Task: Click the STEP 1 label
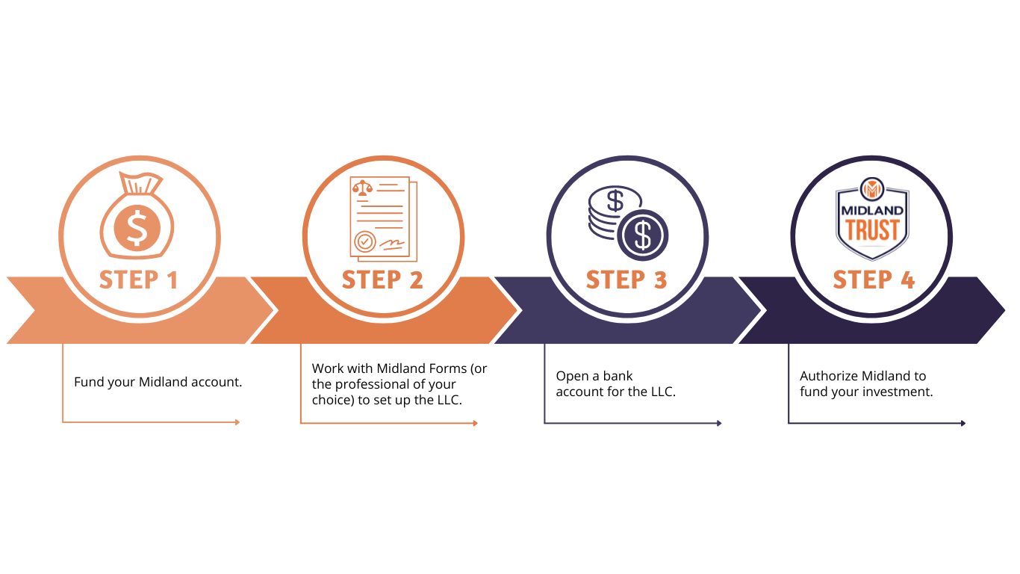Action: click(138, 280)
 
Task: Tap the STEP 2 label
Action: click(382, 280)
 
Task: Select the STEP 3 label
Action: click(626, 280)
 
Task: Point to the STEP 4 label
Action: click(874, 280)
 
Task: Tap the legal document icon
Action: click(383, 219)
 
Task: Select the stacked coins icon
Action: click(628, 223)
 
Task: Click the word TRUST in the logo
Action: click(872, 230)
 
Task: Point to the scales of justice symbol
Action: click(362, 188)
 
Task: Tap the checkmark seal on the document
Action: click(364, 241)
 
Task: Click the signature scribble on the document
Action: click(391, 245)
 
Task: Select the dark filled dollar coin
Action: click(642, 235)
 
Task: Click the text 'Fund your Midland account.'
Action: click(158, 382)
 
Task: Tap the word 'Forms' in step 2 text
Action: click(444, 368)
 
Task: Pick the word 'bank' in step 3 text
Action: click(618, 376)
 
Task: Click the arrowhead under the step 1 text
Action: click(237, 422)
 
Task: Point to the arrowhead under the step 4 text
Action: click(963, 423)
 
